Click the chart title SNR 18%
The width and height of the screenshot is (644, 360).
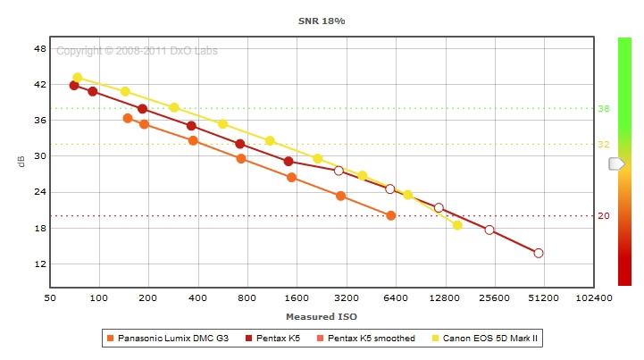pyautogui.click(x=322, y=19)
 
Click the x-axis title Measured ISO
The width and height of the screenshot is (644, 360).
pyautogui.click(x=322, y=316)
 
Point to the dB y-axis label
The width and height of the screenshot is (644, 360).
pyautogui.click(x=21, y=162)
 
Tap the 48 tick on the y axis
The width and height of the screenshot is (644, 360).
pyautogui.click(x=38, y=49)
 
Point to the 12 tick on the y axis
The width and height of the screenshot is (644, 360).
pyautogui.click(x=38, y=264)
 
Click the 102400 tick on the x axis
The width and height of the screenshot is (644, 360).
pyautogui.click(x=593, y=297)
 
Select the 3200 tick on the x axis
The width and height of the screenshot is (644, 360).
pyautogui.click(x=346, y=297)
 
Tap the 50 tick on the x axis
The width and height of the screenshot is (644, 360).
pyautogui.click(x=50, y=297)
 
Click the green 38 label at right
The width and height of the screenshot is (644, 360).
pyautogui.click(x=603, y=109)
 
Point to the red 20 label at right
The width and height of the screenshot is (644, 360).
pyautogui.click(x=603, y=216)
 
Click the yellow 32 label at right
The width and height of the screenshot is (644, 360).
pyautogui.click(x=603, y=145)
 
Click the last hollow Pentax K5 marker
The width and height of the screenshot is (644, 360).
pyautogui.click(x=539, y=253)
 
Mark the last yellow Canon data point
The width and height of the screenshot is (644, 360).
pyautogui.click(x=457, y=225)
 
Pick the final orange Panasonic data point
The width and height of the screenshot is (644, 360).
pyautogui.click(x=390, y=215)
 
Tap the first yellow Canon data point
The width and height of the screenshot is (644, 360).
pyautogui.click(x=78, y=78)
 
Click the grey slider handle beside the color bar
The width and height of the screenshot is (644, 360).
pyautogui.click(x=616, y=163)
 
